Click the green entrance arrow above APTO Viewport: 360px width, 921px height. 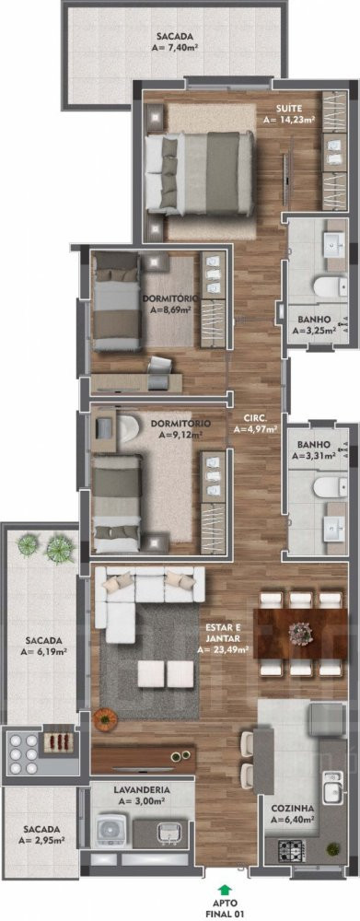tap(223, 890)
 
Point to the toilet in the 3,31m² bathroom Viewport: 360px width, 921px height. tap(328, 487)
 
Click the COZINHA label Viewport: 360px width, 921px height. tap(292, 809)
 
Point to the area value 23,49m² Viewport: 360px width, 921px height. tap(223, 650)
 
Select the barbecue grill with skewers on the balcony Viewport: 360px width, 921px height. tap(58, 740)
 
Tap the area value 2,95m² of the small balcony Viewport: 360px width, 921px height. tap(41, 841)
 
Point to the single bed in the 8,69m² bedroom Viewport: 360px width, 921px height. tap(117, 301)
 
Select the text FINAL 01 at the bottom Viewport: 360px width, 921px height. tap(223, 915)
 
